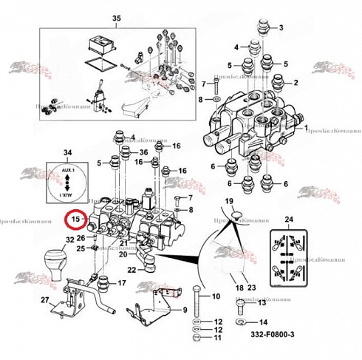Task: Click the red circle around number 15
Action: tap(75, 220)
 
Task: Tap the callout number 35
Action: tap(115, 17)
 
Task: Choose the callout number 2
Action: tap(296, 82)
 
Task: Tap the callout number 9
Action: tap(185, 309)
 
